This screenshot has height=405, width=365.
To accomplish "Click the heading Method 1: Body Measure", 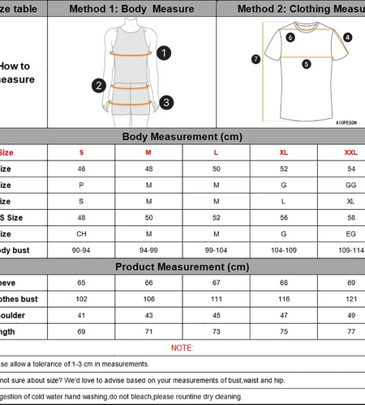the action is tap(131, 9).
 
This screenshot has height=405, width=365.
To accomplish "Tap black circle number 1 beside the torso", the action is tap(165, 53).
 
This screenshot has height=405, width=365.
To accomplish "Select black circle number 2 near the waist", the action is tap(99, 85).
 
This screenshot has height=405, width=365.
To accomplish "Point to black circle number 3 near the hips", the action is tap(165, 102).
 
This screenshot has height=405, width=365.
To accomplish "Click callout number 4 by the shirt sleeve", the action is tap(347, 37).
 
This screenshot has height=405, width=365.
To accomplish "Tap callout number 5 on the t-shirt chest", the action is tap(307, 63).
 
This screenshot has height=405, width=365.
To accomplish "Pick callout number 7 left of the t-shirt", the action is tap(255, 58).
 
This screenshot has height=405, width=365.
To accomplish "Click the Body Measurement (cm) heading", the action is tap(182, 137).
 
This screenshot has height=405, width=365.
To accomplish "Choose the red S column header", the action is tap(81, 152).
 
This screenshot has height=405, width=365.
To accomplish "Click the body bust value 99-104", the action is tap(216, 250).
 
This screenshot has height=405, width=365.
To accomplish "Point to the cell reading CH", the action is tap(81, 234).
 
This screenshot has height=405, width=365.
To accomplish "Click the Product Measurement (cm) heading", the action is tap(182, 267).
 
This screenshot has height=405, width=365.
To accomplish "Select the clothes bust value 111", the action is tap(216, 299).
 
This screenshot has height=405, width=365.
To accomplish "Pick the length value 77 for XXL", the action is tap(351, 331).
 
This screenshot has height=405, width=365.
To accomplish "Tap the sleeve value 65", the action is tap(81, 283).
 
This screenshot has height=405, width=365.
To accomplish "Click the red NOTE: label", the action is tap(182, 347).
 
